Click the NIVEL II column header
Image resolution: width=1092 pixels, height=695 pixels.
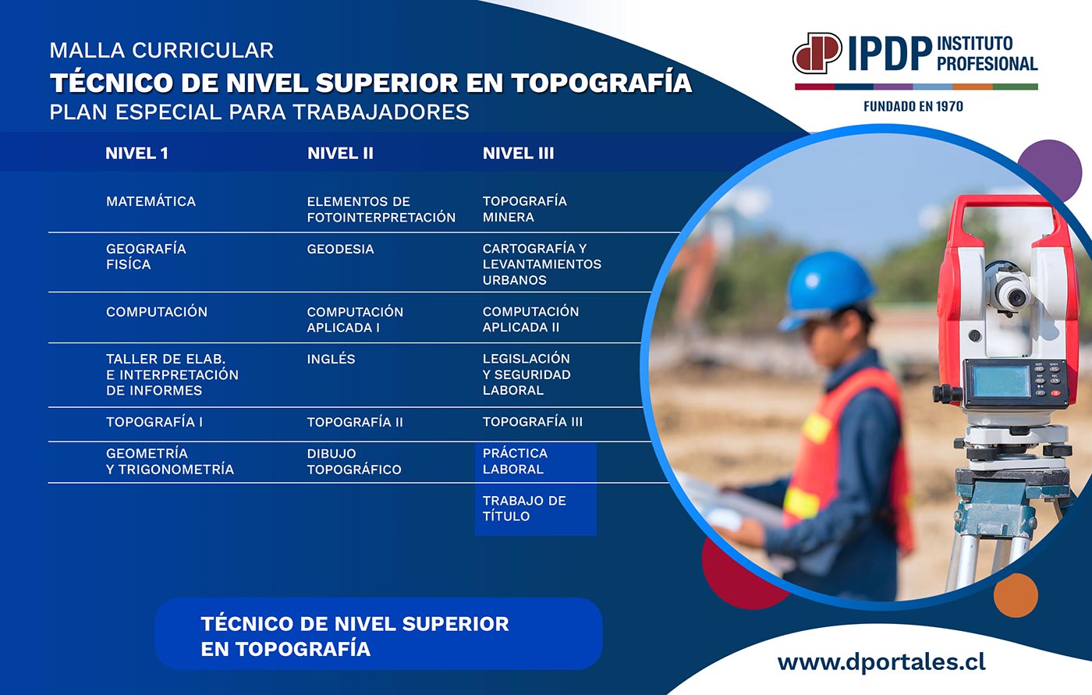click(x=340, y=154)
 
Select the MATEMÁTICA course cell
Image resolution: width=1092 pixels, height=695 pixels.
click(x=151, y=201)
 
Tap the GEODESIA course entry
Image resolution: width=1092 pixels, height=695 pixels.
click(x=340, y=249)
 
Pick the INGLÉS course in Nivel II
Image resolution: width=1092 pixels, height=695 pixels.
click(x=331, y=359)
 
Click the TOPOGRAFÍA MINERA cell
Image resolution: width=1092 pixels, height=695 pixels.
click(x=524, y=209)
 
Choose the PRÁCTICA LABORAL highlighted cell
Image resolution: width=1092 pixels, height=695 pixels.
click(x=515, y=461)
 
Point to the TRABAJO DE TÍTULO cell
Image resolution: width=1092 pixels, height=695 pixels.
click(x=524, y=509)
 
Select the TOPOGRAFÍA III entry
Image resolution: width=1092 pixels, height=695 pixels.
click(x=532, y=421)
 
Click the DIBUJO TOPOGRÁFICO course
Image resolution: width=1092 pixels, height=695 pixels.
click(x=354, y=462)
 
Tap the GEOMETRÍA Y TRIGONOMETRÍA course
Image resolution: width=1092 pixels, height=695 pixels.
click(x=170, y=461)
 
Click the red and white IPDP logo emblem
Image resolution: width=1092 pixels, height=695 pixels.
click(x=817, y=52)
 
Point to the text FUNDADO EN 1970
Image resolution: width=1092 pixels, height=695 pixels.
click(x=913, y=107)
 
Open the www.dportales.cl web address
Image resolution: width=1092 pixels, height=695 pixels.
click(x=881, y=662)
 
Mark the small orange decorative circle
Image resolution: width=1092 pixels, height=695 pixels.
click(x=1016, y=595)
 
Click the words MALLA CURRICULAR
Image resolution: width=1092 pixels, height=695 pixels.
click(x=161, y=51)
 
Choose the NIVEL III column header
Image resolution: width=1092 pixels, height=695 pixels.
click(x=518, y=154)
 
